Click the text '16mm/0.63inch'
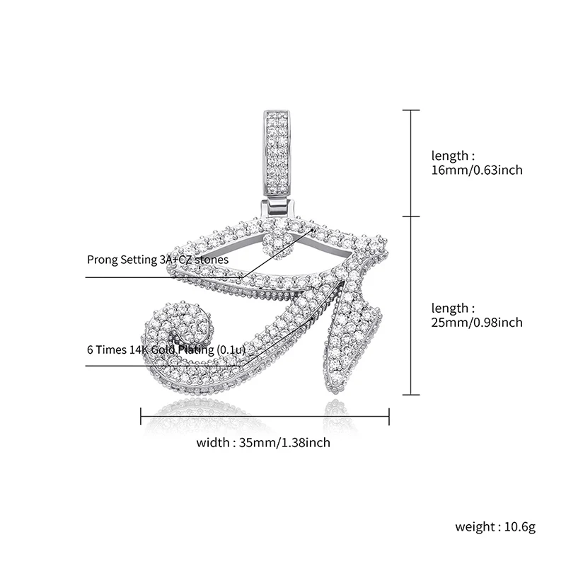point(477,171)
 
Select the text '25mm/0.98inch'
point(477,323)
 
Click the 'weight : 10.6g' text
point(495,527)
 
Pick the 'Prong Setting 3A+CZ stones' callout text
point(158,260)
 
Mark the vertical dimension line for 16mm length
point(411,163)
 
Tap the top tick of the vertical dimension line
point(411,110)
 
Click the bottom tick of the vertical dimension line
point(411,395)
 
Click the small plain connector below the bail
point(277,207)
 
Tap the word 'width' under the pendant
point(213,443)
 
